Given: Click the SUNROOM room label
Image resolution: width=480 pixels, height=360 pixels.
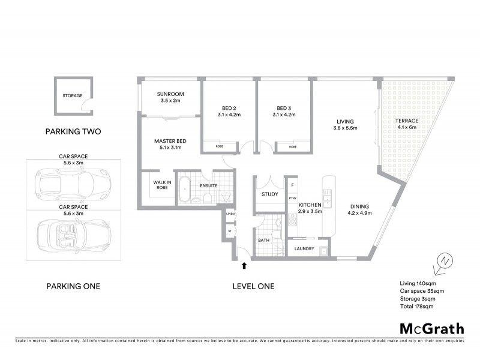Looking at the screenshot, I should [170, 94].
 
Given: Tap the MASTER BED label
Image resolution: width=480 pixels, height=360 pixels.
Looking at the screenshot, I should [170, 141].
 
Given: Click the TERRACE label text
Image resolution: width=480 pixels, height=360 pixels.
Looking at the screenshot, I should [406, 121].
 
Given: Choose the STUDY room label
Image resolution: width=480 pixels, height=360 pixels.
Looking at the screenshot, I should [268, 194].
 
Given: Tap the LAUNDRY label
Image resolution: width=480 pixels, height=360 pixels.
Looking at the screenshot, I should [304, 248].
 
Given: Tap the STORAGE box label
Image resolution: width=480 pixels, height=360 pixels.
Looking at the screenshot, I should [72, 95].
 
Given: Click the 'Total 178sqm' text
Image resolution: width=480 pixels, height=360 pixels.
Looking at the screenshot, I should [416, 306].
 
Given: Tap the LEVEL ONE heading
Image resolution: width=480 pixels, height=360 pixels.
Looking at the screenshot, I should [253, 286].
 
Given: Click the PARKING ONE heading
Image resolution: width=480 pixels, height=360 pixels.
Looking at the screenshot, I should [73, 286].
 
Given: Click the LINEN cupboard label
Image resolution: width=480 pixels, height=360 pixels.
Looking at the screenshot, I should [229, 214].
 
